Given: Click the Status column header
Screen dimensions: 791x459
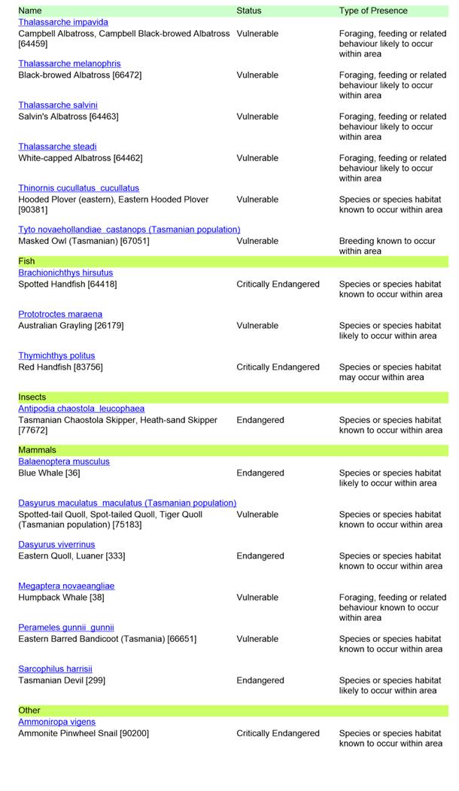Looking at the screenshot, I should (249, 11).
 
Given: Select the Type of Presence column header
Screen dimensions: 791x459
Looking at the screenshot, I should (373, 11).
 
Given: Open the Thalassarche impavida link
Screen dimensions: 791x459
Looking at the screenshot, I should (63, 23).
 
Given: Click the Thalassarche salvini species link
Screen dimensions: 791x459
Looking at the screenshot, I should (58, 105).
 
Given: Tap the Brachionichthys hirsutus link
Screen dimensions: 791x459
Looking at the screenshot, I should (65, 273).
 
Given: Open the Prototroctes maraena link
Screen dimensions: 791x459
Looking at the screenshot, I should (60, 315).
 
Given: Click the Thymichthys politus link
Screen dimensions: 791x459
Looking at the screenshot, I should (56, 356).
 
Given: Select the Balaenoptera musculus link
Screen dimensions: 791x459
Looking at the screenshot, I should (64, 462).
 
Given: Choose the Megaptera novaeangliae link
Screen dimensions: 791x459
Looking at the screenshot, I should (66, 586).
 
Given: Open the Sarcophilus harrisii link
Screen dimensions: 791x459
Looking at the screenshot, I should (55, 669).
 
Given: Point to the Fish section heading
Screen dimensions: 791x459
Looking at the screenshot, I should (26, 261).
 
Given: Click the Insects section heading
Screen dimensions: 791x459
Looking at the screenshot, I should (32, 397).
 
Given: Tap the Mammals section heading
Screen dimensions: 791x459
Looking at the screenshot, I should (38, 450).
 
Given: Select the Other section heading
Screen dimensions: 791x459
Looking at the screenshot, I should (29, 710).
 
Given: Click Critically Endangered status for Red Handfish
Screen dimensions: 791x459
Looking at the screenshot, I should (278, 367).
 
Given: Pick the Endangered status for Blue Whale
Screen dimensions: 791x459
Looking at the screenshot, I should (260, 473).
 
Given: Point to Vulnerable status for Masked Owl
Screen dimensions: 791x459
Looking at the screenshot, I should (257, 242).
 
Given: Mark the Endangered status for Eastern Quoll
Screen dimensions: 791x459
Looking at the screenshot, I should (260, 556).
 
